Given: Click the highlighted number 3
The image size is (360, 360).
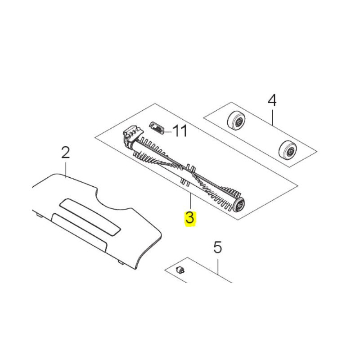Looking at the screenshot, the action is [x=190, y=218].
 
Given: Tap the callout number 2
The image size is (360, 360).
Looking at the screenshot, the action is [x=65, y=153].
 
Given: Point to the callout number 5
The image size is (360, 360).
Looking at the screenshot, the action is [x=217, y=247].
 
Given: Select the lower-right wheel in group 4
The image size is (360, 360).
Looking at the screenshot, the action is [x=288, y=151].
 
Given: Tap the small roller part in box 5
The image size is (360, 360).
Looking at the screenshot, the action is [x=180, y=270].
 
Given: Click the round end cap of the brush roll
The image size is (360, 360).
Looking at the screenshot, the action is [x=238, y=205].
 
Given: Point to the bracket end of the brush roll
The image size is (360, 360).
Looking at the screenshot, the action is [x=132, y=137].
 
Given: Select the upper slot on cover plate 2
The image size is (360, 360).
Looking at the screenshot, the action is [x=90, y=217].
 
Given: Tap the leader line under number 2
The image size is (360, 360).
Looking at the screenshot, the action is [x=66, y=171].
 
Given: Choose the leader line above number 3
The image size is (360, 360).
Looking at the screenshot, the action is [x=190, y=201].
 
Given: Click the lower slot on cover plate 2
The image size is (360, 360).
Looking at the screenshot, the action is [x=80, y=233].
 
